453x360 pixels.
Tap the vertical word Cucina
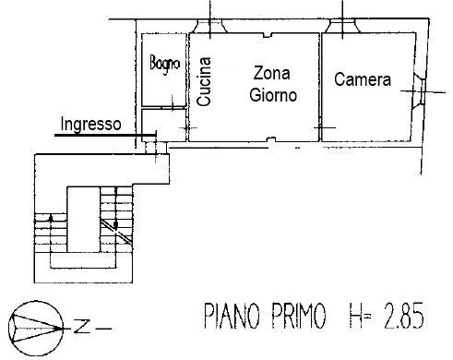(205, 82)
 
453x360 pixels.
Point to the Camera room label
(363, 80)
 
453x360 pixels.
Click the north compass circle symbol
(35, 326)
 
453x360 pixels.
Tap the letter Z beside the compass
(82, 326)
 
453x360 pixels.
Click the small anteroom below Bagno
(166, 125)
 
